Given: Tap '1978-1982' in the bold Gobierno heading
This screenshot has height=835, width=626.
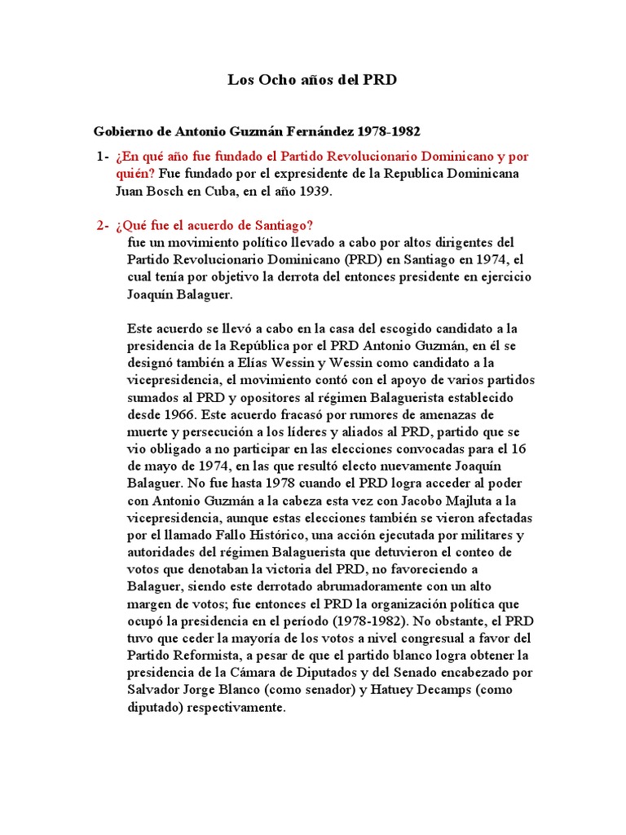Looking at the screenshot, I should point(390,131).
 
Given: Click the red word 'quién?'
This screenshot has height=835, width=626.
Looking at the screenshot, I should point(135,174).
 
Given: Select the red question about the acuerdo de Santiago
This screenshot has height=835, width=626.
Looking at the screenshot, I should point(214,226).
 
